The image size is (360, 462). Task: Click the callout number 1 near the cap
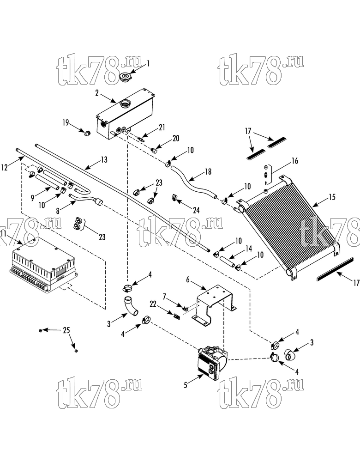pos(148,64)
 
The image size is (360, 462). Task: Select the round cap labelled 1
pos(126,78)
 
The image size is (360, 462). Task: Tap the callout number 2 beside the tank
pos(97,93)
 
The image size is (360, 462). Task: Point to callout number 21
pos(162,128)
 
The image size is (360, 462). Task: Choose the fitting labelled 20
pos(154,151)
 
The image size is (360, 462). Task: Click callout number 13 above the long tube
pos(104,159)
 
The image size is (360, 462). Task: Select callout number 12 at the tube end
pos(4,167)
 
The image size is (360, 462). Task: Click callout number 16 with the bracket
pos(294,161)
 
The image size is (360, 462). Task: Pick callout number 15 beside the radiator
pos(332,197)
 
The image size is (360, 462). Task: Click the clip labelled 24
pos(174,198)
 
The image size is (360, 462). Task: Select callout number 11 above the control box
pos(4,234)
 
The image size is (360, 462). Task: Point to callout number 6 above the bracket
pos(187,280)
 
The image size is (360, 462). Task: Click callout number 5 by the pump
pos(186,385)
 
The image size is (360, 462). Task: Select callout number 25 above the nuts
pos(67,330)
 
